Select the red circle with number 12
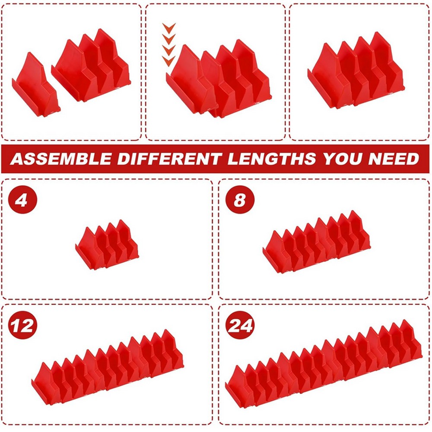point(22,325)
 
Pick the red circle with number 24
point(241,325)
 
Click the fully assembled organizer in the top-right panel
point(356,71)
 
